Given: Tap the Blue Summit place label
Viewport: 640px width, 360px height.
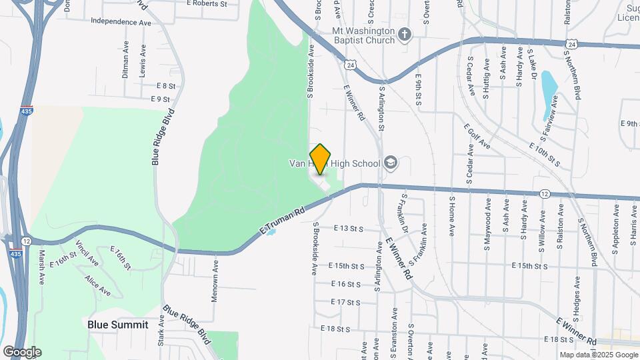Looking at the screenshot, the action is click(115, 324).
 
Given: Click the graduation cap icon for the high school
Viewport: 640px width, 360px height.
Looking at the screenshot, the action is click(390, 163).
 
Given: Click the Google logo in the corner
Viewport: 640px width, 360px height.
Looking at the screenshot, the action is click(22, 351).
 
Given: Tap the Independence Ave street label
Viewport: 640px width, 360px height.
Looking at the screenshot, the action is click(121, 22).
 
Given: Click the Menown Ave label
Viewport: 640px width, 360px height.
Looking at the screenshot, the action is click(215, 281).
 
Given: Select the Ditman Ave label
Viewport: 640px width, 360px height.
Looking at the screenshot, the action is click(125, 59).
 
